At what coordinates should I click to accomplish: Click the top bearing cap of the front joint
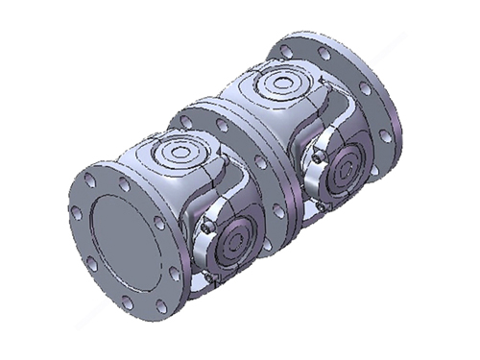click(179, 154)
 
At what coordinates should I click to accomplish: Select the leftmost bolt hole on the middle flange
click(180, 121)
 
